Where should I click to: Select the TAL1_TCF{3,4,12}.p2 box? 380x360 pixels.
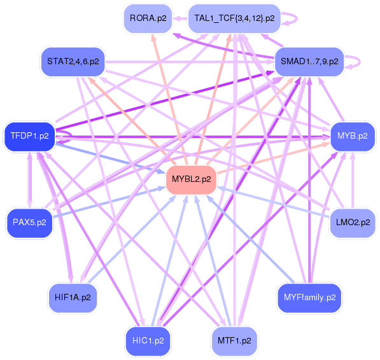point(234,18)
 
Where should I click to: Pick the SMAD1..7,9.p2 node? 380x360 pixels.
point(309,62)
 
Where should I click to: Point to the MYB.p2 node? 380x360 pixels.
point(352,136)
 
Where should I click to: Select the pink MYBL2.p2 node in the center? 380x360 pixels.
point(190,179)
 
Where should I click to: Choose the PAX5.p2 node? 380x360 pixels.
point(29,223)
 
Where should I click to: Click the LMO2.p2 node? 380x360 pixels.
point(352,223)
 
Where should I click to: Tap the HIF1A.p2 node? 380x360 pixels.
point(73,297)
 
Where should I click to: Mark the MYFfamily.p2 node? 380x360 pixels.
point(309,297)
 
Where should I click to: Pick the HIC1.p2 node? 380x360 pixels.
point(147,340)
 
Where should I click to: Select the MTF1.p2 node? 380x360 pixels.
point(234,340)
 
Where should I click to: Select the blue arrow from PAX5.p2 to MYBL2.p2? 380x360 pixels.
point(108,202)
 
